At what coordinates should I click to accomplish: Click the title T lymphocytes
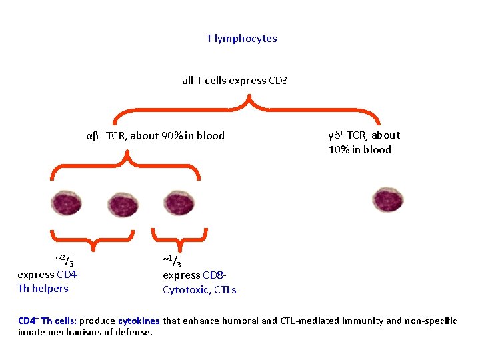click(241, 39)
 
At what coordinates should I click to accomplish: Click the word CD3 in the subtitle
click(277, 81)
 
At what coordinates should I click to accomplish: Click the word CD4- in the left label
click(69, 275)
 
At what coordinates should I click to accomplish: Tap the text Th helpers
click(43, 289)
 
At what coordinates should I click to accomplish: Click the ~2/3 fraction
click(64, 261)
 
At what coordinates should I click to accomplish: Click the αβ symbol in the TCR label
click(93, 136)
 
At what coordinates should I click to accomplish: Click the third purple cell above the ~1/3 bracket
click(177, 203)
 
